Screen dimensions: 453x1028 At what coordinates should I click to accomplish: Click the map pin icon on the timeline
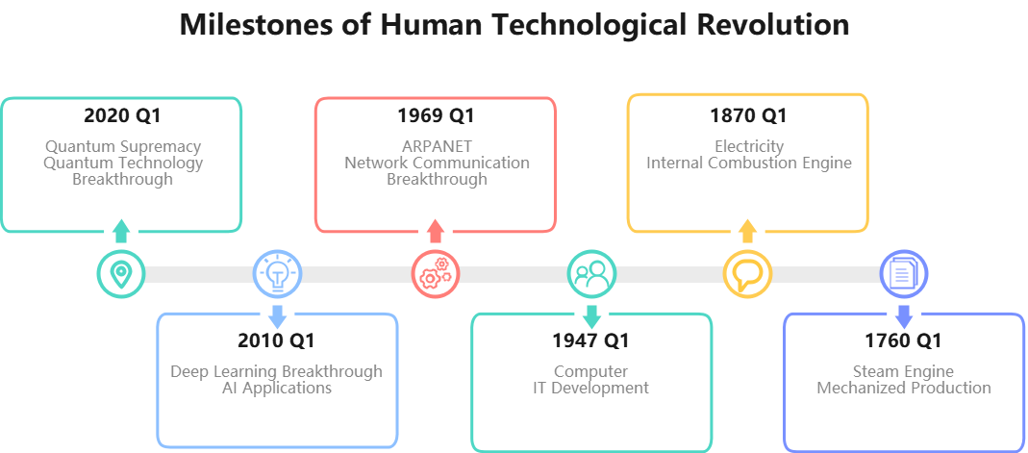click(120, 274)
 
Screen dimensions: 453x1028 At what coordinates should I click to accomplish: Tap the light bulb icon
click(277, 274)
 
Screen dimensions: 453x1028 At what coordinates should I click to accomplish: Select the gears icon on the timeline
click(435, 274)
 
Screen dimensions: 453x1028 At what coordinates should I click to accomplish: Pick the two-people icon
click(591, 274)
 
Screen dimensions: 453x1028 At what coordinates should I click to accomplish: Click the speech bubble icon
click(747, 274)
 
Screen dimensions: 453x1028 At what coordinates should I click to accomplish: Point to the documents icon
click(904, 274)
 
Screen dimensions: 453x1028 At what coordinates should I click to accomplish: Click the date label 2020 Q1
click(122, 116)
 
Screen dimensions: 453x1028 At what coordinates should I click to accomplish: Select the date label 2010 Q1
click(277, 340)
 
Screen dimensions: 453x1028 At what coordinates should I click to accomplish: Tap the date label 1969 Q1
click(437, 116)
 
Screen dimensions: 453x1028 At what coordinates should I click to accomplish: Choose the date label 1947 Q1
click(591, 340)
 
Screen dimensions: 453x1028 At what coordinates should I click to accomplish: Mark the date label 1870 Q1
click(748, 116)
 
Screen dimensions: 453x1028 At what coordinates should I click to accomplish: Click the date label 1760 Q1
click(904, 340)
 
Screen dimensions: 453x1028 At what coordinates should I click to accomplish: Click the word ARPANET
click(437, 147)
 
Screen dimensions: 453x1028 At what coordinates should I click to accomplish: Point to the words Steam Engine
click(903, 371)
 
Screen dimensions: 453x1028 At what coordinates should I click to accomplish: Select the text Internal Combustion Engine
click(749, 164)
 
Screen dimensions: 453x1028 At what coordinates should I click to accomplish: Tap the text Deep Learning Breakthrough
click(277, 371)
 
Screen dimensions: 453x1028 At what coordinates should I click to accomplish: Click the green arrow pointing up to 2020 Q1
click(120, 231)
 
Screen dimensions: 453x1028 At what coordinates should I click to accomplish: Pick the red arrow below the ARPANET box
click(435, 231)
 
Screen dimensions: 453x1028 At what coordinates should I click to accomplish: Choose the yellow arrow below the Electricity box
click(747, 231)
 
